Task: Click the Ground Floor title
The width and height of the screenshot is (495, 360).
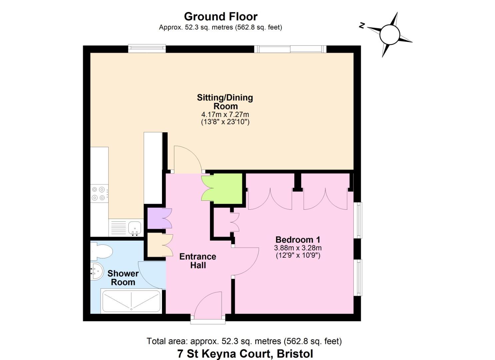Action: (x=221, y=17)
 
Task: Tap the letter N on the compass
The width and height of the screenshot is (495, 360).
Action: (x=362, y=26)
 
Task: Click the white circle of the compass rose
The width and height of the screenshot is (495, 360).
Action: (x=390, y=35)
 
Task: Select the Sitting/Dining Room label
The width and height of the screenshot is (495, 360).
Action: (x=225, y=102)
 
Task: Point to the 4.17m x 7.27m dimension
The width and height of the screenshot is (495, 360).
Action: (x=225, y=114)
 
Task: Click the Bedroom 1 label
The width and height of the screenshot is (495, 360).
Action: (x=298, y=240)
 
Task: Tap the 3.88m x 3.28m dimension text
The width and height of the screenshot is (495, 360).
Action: (x=298, y=248)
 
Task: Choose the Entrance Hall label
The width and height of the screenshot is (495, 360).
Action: (x=198, y=261)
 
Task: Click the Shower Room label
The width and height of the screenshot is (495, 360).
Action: (x=123, y=278)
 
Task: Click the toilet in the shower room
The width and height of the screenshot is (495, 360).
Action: (x=101, y=251)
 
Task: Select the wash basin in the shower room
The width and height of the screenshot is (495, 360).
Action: (x=97, y=271)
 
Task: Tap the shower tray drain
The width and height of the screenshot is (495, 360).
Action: (x=131, y=309)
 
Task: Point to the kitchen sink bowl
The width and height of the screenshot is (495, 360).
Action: (x=135, y=228)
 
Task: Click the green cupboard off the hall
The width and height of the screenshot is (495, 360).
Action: (x=222, y=189)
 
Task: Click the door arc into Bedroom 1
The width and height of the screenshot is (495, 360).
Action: (x=252, y=266)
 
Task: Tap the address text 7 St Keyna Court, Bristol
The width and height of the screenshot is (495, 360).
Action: (x=245, y=354)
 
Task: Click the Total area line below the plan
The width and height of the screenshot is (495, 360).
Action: (x=244, y=341)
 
